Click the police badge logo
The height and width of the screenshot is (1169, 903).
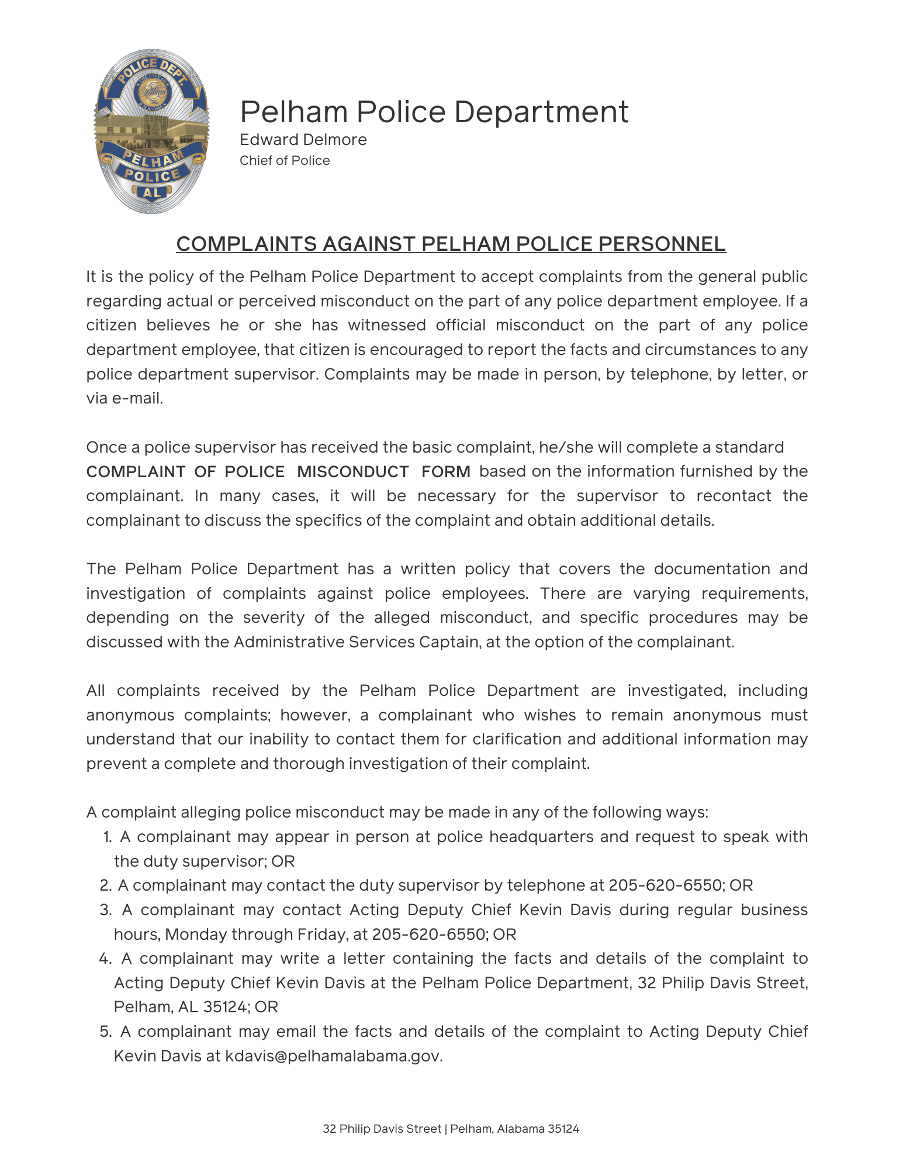(x=151, y=131)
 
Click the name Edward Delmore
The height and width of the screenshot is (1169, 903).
(x=303, y=140)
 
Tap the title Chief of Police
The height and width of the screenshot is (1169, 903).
(x=285, y=161)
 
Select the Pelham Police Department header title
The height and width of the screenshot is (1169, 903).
(x=434, y=112)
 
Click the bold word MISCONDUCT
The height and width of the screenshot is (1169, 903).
(x=353, y=472)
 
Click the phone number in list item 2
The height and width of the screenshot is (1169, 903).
(x=665, y=885)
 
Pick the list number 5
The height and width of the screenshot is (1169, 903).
(x=105, y=1032)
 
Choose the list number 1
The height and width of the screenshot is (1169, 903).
(x=107, y=837)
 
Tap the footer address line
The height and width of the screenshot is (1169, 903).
(x=451, y=1129)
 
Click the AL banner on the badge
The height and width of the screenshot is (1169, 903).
(x=151, y=192)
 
